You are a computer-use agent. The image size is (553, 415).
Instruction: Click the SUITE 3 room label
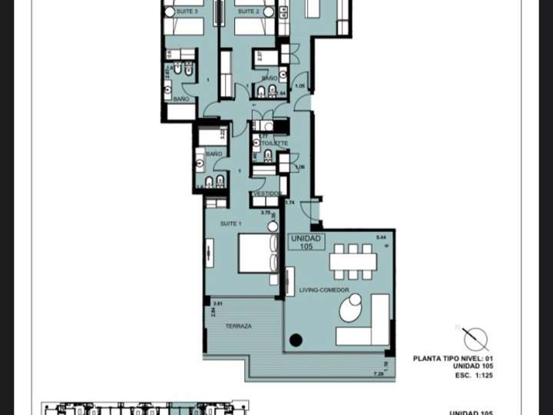[185, 12]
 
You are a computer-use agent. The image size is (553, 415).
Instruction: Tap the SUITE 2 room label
[248, 12]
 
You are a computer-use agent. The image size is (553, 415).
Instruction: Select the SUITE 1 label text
[230, 224]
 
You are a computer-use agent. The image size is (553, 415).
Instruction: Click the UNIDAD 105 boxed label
[306, 242]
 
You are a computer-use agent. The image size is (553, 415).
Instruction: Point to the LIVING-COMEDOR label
[324, 290]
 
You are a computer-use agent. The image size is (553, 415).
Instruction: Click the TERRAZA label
[238, 327]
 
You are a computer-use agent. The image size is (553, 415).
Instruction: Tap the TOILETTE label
[274, 144]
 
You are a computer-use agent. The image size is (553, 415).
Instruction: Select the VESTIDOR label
[266, 194]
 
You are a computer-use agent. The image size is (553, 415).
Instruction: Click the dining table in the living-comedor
[353, 261]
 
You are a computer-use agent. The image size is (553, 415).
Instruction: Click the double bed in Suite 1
[257, 253]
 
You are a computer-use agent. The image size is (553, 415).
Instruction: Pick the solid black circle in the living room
[296, 340]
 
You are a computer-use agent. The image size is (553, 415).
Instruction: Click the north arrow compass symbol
[475, 339]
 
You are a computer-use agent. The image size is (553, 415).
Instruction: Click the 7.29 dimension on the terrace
[378, 374]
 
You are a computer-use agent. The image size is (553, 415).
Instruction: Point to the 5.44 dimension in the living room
[382, 237]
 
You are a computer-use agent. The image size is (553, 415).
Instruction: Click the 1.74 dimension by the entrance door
[290, 202]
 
